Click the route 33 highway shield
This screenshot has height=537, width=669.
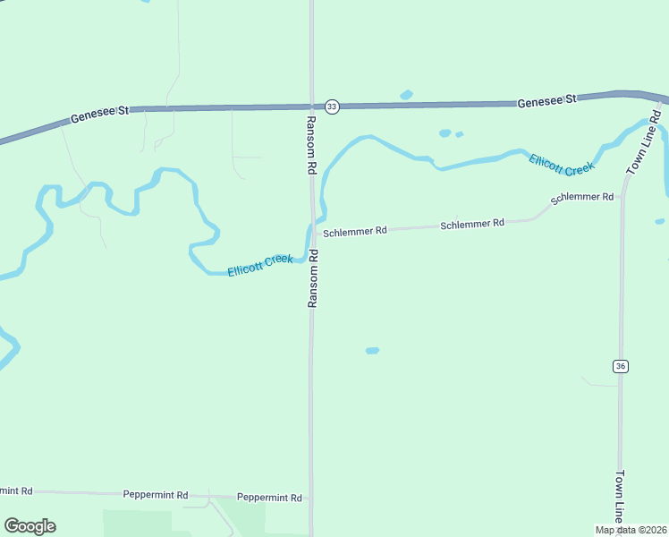[332, 107]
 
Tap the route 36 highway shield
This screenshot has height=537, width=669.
[620, 366]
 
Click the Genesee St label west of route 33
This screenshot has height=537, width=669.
[100, 115]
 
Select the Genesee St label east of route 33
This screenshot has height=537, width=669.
[546, 102]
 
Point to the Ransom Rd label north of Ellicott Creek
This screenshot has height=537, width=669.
[311, 144]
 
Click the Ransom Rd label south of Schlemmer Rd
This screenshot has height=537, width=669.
[313, 278]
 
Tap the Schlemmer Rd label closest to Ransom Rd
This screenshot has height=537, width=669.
[354, 231]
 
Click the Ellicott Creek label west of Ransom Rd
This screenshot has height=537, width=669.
[259, 265]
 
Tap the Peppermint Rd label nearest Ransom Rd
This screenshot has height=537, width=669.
[269, 498]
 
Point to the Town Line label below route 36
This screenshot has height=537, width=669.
[620, 497]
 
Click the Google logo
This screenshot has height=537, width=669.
[30, 526]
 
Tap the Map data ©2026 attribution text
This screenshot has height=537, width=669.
[631, 530]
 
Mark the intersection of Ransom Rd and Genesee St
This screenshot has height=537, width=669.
[311, 107]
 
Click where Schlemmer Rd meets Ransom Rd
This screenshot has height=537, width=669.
[313, 233]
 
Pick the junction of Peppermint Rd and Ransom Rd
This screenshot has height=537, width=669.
[311, 497]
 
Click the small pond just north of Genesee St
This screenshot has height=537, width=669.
[406, 94]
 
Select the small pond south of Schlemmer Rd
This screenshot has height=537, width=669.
[372, 350]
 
